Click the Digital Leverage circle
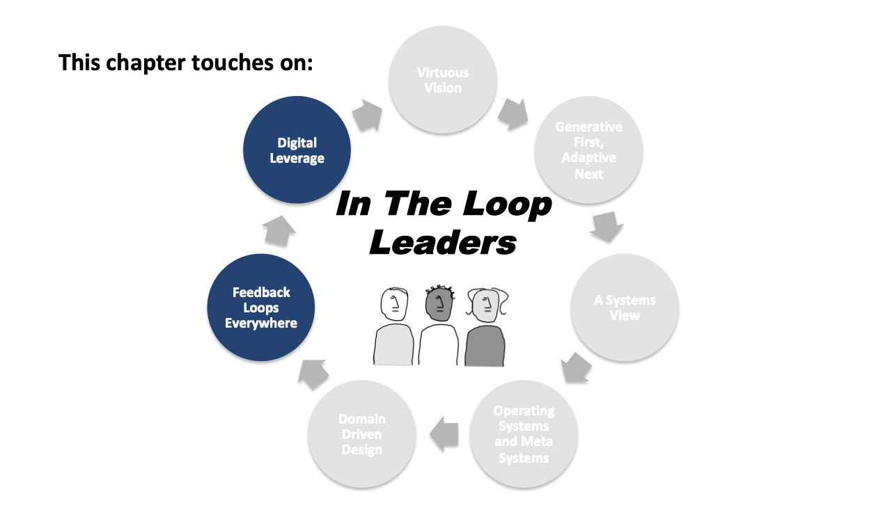(297, 150)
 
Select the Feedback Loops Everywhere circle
(261, 307)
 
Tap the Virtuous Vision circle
(442, 80)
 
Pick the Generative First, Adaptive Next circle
(588, 150)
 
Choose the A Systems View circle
(624, 307)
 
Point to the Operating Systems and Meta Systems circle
(524, 434)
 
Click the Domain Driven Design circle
(362, 434)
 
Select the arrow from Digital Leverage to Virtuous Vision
(367, 115)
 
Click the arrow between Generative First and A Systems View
(607, 227)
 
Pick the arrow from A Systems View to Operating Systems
(577, 368)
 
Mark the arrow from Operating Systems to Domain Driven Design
(444, 433)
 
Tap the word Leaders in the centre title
(444, 241)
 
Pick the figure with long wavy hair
(485, 327)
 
